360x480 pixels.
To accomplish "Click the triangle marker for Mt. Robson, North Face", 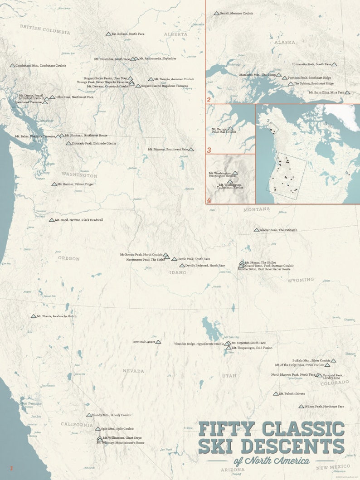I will pos(108,34).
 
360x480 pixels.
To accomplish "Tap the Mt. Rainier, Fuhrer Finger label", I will pos(76,184).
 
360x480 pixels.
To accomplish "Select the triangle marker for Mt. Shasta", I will pos(34,316).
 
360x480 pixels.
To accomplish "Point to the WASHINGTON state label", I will pos(79,175).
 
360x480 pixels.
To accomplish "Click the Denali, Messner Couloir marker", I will pos(216,14).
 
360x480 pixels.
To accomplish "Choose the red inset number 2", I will pos(209,100).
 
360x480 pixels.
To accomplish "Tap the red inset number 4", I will pos(209,200).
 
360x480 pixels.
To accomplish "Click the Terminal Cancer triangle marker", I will pos(158,342).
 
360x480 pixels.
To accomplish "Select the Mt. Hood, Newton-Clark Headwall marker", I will pos(52,220).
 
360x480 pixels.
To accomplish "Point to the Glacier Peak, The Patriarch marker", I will pos(256,230).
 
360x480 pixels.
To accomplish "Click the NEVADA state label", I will pos(133,371).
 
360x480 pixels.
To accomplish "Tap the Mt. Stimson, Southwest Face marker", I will pos(191,149).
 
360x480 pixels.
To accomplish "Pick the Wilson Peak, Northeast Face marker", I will pos(301,407).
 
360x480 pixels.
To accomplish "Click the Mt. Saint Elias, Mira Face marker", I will pos(347,92).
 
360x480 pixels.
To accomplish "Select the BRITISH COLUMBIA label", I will pos(44,30).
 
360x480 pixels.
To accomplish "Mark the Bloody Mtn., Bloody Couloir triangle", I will pos(89,415).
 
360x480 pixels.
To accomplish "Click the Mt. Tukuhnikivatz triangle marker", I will pos(275,394).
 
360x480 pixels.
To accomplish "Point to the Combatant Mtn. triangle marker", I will pos(12,66).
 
